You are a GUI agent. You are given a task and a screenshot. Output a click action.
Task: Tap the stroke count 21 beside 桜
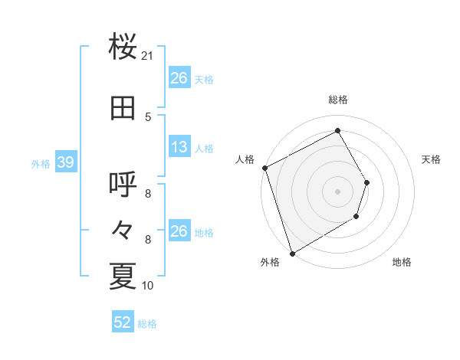coord(148,56)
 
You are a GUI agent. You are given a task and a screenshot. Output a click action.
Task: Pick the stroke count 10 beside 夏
coord(148,286)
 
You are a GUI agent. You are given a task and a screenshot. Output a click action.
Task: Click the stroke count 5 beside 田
coord(148,116)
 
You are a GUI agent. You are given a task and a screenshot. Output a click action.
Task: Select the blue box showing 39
coord(66,162)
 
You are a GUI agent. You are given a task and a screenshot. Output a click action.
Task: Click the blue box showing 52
coord(123,323)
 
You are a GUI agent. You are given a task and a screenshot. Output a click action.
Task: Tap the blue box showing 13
coord(179,148)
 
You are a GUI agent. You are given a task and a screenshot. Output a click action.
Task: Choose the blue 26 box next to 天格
coord(179,78)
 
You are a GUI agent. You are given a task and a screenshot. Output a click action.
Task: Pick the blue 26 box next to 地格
coord(179,231)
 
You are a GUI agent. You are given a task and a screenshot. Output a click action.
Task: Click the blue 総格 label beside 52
coord(147,324)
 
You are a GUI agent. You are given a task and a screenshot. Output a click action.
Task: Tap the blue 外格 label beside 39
coord(40,163)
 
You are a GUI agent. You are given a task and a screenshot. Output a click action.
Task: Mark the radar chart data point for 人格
coord(264,168)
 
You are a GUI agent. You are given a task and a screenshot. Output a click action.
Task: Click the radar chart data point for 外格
coord(291,253)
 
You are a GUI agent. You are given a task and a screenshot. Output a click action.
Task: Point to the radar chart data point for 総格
coord(337,130)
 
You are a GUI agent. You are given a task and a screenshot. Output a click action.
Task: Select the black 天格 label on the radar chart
coord(432,159)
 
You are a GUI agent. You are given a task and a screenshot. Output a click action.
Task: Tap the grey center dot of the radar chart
coord(337,191)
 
